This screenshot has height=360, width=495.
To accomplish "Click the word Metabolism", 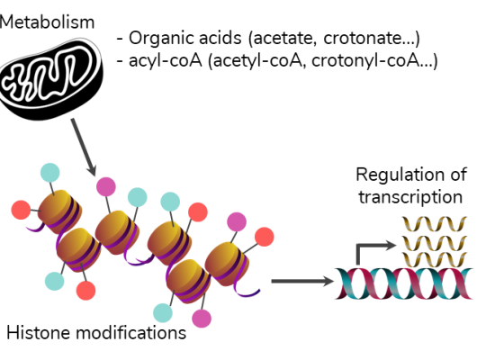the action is tap(47, 22).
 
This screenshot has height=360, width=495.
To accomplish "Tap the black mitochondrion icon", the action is tap(51, 79).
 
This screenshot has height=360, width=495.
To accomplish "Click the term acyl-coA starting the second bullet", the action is tap(165, 60).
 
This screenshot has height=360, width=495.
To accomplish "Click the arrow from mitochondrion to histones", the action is tap(84, 147).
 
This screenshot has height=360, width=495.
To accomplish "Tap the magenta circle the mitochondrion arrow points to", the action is tap(106, 186).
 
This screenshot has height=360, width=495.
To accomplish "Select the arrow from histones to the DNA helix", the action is tap(302, 281).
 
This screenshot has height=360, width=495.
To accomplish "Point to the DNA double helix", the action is tap(404, 283).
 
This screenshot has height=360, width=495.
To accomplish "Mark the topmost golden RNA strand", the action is tap(435, 223).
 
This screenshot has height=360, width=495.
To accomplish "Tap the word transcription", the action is tap(410, 198).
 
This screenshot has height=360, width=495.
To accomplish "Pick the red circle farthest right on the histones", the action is tap(265, 237).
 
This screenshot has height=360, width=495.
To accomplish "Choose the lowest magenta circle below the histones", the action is tap(202, 319).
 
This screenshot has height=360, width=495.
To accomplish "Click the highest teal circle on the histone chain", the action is tap(50, 173).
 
